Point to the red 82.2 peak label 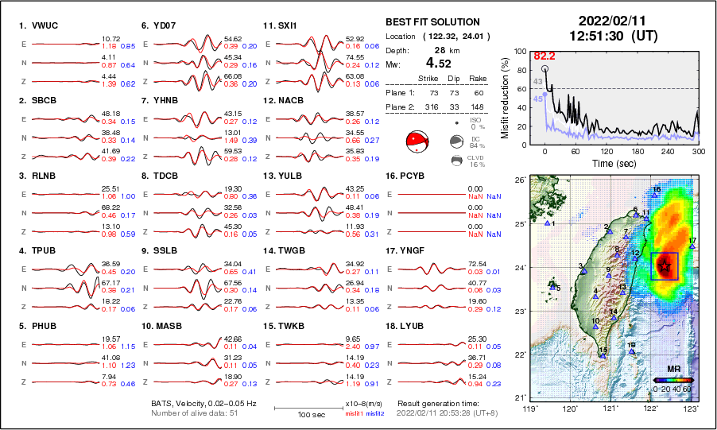tap(544, 56)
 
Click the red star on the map tap(665, 267)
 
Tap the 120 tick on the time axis tap(607, 151)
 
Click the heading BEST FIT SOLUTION tap(432, 21)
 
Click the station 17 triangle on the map tap(692, 246)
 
